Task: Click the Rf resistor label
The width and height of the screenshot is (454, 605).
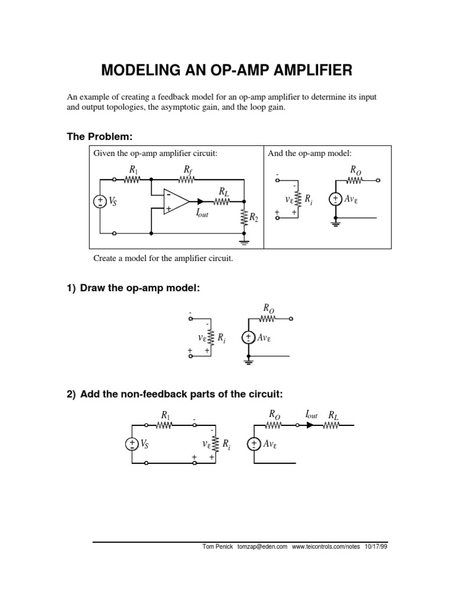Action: [x=187, y=170]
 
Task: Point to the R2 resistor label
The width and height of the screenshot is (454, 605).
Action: [x=254, y=217]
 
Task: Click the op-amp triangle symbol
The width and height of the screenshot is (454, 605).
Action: [x=176, y=201]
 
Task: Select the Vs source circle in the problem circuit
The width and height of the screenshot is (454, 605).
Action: [x=99, y=201]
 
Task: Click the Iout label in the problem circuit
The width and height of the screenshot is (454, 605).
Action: [x=202, y=215]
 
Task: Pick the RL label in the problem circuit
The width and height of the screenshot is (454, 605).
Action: [x=223, y=191]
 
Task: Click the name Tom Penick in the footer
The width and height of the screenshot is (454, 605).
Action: [x=218, y=547]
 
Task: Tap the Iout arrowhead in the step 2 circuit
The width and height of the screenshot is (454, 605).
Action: [x=310, y=425]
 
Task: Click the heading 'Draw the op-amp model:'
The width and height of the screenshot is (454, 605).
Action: [x=140, y=288]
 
